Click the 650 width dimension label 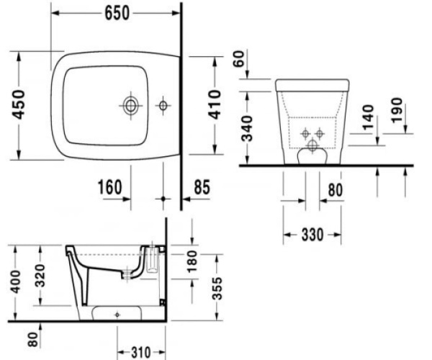click(x=117, y=14)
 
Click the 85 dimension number click(x=202, y=187)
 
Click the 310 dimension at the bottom click(x=140, y=352)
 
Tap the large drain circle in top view click(x=130, y=105)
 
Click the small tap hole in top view click(x=163, y=106)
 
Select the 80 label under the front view click(x=335, y=191)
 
